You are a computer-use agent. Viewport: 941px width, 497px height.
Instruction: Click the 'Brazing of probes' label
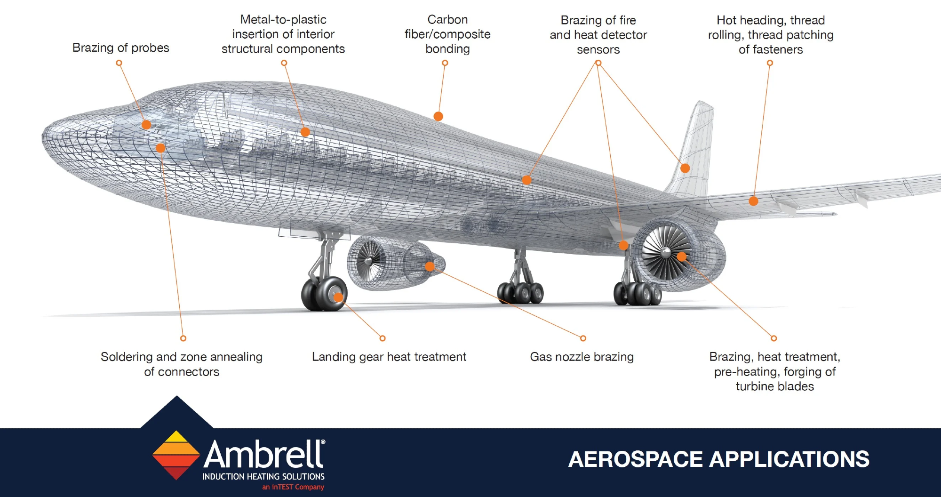coord(120,48)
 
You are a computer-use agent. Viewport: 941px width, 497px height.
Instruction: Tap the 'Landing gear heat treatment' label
coord(389,357)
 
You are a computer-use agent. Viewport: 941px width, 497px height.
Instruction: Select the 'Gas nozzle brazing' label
coord(582,357)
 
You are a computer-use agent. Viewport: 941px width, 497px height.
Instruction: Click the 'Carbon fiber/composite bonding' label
coord(447,34)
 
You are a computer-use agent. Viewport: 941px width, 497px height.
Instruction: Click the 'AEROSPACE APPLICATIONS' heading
coord(718,459)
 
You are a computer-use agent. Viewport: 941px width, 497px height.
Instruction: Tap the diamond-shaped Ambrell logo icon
coord(176,455)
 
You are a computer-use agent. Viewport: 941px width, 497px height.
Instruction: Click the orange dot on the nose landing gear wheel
coord(338,297)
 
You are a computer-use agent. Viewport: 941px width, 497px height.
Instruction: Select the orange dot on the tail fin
coord(685,168)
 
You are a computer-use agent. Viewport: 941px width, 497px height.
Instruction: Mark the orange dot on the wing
coord(753,201)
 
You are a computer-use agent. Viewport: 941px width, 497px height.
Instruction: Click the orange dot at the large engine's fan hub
coord(682,257)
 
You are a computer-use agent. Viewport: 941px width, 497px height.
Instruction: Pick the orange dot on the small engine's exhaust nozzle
coord(430,266)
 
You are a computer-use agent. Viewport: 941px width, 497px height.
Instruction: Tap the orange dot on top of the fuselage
coord(438,116)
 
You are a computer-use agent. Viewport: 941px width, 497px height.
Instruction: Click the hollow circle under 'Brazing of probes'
coord(119,63)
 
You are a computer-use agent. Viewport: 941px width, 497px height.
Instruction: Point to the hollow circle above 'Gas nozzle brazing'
coord(583,338)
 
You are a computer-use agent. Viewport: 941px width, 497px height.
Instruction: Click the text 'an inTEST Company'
coord(293,487)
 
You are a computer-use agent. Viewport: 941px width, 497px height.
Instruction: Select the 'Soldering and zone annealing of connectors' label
coord(182,364)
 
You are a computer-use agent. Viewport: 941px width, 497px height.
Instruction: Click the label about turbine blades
coord(774,371)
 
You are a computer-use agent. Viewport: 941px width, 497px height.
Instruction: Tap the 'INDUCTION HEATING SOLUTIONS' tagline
coord(263,476)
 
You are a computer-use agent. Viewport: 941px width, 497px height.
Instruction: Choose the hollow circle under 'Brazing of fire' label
coord(598,63)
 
